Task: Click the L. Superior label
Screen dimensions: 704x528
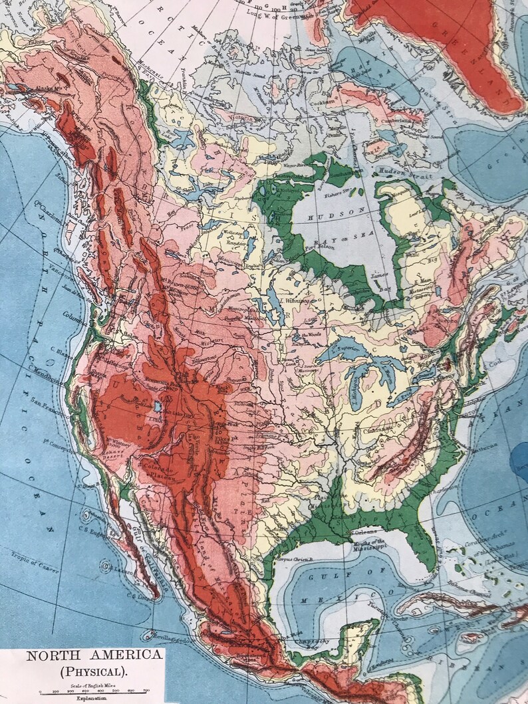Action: pos(345,350)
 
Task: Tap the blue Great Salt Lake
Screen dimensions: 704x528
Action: pos(158,406)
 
